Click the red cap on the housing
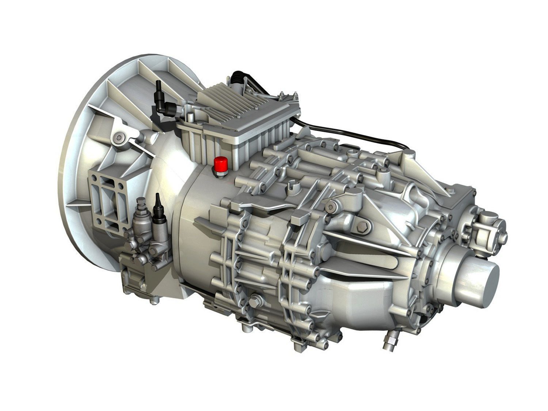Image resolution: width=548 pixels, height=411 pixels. [x=220, y=163]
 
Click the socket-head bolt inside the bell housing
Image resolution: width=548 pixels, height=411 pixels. [x=117, y=137]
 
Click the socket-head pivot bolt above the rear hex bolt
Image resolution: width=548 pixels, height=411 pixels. [x=331, y=207]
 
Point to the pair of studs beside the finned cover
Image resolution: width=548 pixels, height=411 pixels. [x=287, y=96]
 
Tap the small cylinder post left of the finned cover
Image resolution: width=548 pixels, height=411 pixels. [x=190, y=117]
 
